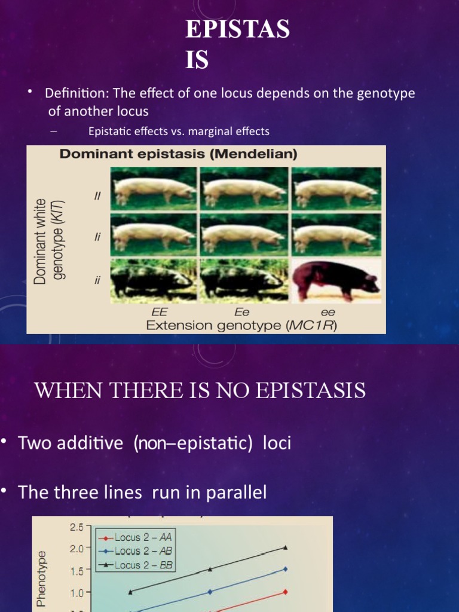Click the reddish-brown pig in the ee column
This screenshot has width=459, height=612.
pyautogui.click(x=336, y=280)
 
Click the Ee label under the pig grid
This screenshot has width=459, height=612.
pyautogui.click(x=243, y=312)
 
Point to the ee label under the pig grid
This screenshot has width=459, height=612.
pyautogui.click(x=329, y=312)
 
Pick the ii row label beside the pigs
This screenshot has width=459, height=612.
pyautogui.click(x=97, y=280)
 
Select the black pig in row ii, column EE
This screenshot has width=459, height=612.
pyautogui.click(x=153, y=280)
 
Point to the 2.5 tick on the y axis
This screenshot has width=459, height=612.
pyautogui.click(x=76, y=527)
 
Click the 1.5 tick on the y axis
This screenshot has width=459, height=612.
pyautogui.click(x=76, y=571)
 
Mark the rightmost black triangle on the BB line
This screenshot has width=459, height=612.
pyautogui.click(x=286, y=547)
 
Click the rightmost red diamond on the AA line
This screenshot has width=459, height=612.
pyautogui.click(x=286, y=592)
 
